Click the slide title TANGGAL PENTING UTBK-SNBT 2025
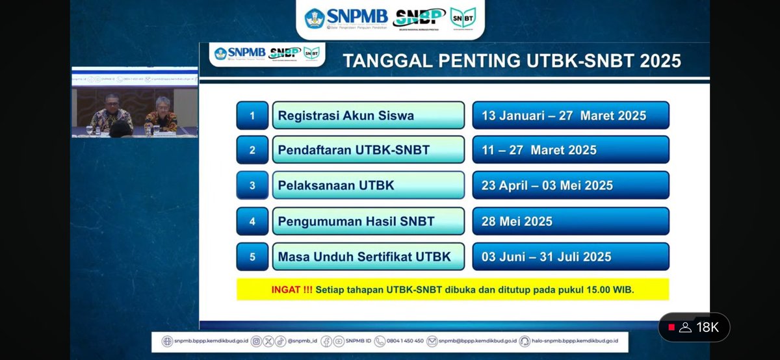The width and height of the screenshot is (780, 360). coord(512,61)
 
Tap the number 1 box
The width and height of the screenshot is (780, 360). coord(252,116)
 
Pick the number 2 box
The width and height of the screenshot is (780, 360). coord(252,150)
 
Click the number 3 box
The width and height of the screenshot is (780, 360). coord(252,185)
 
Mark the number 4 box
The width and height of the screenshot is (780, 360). coord(252,221)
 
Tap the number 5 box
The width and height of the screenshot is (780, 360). coord(252,257)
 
